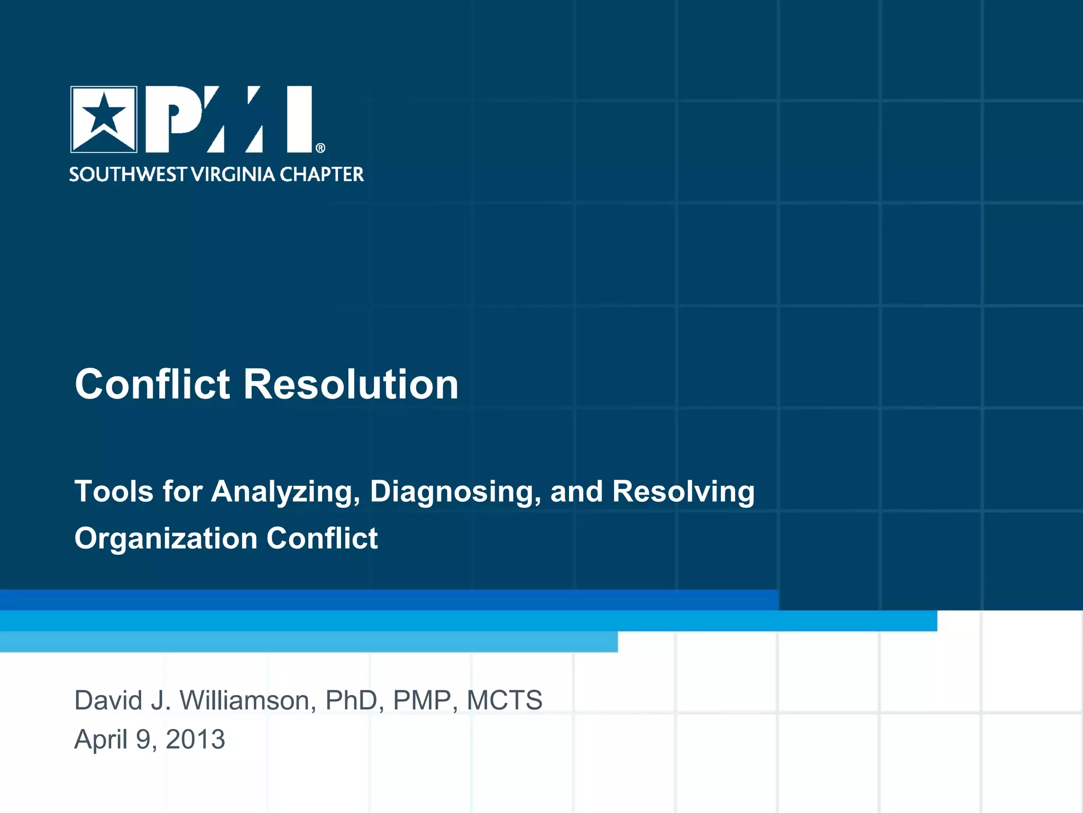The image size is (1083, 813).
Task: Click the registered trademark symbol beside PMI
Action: (320, 148)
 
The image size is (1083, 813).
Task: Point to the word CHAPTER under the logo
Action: (322, 174)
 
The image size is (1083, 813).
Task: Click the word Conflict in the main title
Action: (153, 384)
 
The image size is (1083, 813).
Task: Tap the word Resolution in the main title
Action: (351, 384)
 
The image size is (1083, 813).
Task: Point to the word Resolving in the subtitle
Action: (683, 492)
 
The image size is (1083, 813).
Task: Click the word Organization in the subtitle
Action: (166, 539)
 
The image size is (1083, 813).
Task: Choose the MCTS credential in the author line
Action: (504, 700)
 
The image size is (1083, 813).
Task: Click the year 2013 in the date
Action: (195, 739)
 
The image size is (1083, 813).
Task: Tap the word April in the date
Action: (100, 739)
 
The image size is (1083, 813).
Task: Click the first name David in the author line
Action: (108, 700)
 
